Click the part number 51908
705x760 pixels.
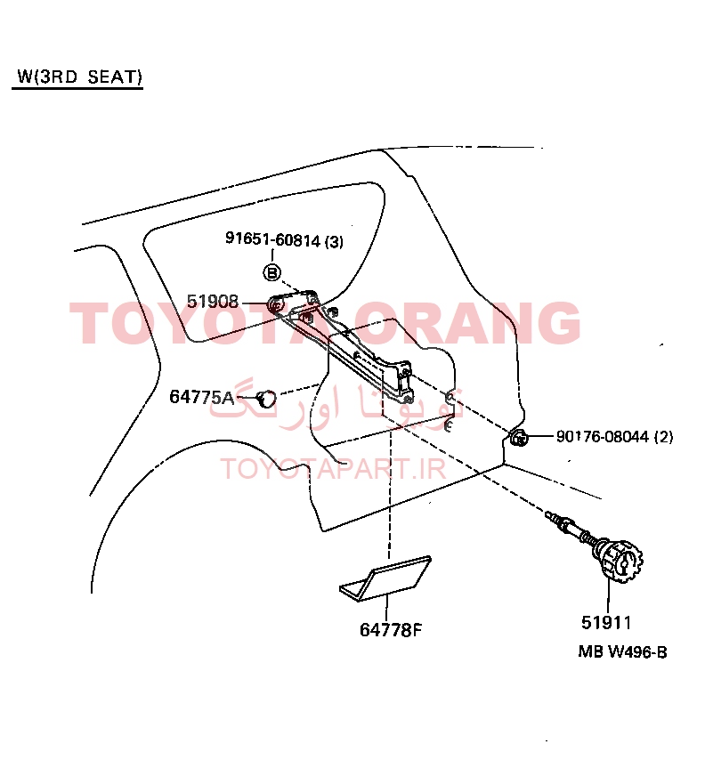tap(213, 302)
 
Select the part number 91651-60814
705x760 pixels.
tap(273, 239)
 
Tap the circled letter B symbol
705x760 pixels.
tap(272, 272)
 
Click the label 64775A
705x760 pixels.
tap(202, 397)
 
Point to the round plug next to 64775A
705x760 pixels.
tap(266, 399)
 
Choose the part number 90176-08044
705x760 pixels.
tap(603, 436)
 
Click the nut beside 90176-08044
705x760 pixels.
tap(519, 438)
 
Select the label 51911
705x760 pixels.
tap(606, 622)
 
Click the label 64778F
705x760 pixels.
tap(391, 629)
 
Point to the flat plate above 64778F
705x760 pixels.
tap(385, 578)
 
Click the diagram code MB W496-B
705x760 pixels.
tap(622, 652)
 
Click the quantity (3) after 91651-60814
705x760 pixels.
tap(334, 241)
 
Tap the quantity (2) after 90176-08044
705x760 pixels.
tap(664, 437)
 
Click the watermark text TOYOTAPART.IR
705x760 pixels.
tap(333, 469)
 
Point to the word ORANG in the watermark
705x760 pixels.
tap(467, 322)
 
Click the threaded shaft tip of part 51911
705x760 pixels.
tap(549, 514)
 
